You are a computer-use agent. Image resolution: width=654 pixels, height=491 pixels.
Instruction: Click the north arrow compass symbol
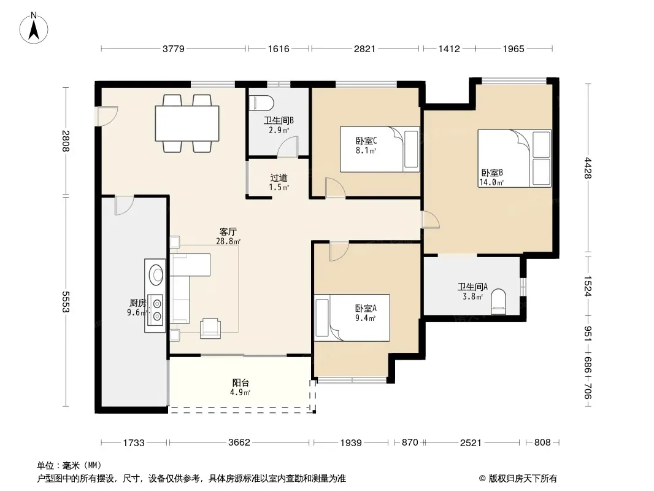(34, 28)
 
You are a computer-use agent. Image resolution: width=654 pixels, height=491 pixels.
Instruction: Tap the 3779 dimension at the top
(174, 49)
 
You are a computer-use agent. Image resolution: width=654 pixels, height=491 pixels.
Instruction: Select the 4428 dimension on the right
(588, 168)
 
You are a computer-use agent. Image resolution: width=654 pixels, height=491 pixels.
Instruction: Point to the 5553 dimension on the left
(66, 301)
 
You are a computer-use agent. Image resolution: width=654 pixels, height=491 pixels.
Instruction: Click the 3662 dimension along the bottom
(239, 442)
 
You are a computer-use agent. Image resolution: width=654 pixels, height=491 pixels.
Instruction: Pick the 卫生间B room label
(279, 120)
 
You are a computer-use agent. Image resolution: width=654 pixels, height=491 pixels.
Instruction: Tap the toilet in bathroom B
(261, 102)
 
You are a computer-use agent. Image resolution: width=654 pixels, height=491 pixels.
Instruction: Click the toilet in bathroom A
(498, 302)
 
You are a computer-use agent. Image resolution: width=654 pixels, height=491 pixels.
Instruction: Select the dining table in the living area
(187, 123)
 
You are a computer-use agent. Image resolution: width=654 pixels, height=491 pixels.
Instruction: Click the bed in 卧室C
(380, 149)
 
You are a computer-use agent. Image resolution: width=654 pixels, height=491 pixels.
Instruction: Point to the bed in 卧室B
(514, 158)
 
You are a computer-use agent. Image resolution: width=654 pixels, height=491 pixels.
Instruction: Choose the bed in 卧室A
(352, 318)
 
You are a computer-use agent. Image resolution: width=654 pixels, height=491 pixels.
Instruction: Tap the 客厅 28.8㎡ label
(228, 236)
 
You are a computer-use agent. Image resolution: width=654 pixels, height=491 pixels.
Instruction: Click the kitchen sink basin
(157, 274)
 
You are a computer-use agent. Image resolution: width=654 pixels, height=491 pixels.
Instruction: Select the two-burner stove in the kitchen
(157, 310)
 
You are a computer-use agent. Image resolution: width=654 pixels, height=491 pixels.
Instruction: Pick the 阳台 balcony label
(240, 382)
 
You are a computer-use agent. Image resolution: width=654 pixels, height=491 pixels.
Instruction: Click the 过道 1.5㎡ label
(279, 182)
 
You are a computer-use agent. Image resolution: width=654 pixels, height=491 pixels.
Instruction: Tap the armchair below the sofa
(210, 328)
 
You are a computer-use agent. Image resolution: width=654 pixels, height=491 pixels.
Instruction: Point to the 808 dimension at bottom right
(542, 442)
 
